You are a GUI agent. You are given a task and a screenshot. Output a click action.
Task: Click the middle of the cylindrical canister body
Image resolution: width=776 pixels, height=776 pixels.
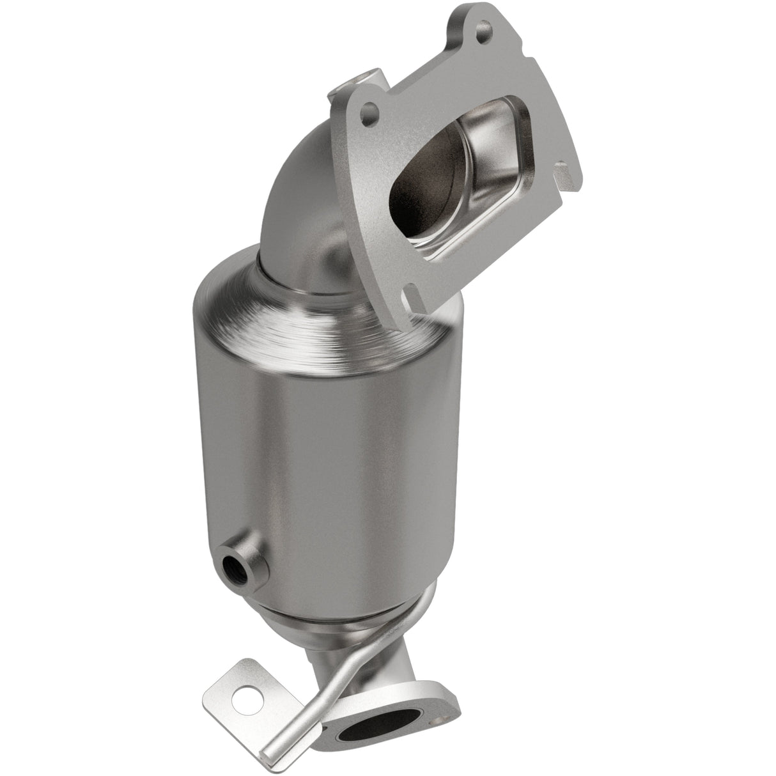tap(320, 447)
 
